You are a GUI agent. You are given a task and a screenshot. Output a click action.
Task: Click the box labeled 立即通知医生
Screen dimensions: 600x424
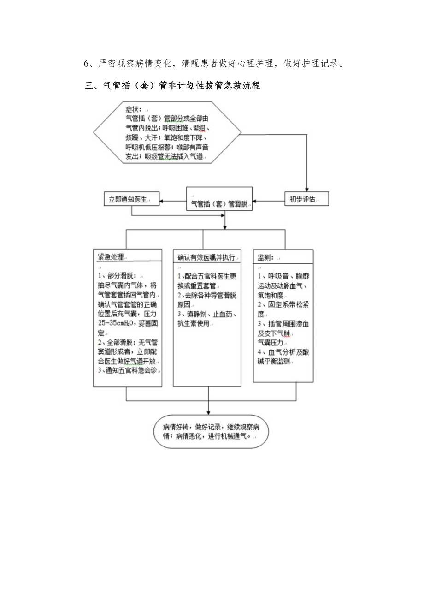tap(131, 200)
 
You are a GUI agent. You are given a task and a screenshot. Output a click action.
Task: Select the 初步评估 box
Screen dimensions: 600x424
tap(306, 199)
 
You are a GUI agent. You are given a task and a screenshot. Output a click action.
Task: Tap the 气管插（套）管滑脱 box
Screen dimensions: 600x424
tap(219, 202)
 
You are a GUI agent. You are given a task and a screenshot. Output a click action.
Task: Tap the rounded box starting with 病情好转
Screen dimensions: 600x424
tap(211, 431)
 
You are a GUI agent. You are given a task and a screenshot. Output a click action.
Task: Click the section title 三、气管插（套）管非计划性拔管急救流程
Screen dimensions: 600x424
tap(173, 86)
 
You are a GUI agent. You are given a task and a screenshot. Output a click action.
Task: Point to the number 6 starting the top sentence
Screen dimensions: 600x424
tap(87, 64)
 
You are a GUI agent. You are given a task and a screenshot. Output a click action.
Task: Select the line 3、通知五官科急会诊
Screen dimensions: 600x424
tap(125, 370)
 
